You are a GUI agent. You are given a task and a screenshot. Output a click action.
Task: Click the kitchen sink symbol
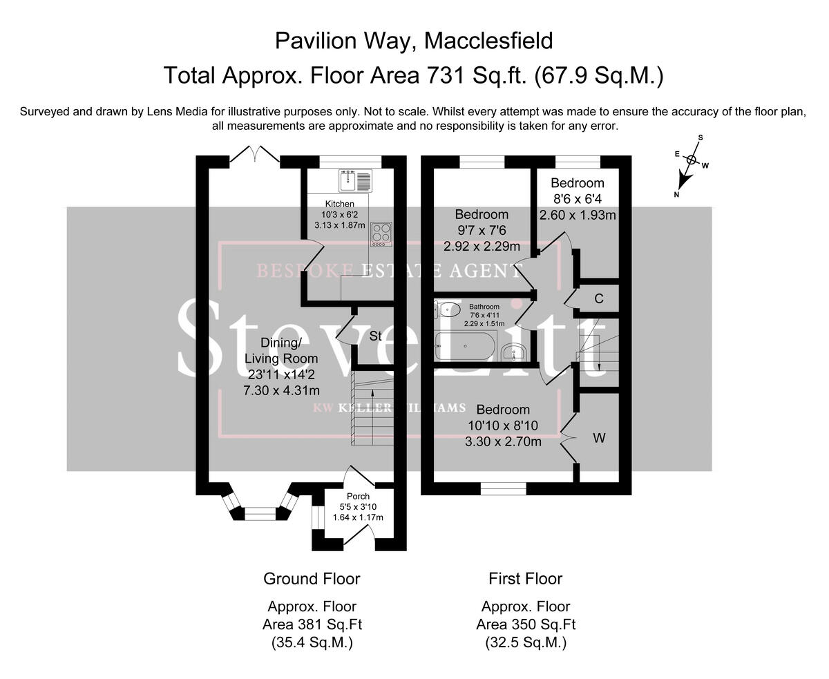[355, 181]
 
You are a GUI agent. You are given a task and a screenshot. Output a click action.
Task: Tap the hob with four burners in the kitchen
[381, 233]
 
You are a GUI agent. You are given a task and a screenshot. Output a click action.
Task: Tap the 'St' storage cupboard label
[376, 336]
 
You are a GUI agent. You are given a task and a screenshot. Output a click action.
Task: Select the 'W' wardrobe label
[599, 438]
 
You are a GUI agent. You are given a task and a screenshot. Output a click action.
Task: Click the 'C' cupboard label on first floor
[599, 298]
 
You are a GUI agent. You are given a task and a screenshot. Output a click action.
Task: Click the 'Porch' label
[358, 496]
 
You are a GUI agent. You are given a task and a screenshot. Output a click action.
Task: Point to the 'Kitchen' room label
[340, 204]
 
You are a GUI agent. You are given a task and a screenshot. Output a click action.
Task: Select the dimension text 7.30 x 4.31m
[281, 390]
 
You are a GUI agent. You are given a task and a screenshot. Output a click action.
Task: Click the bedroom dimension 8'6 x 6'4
[578, 199]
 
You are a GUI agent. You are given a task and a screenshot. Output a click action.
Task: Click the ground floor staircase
[372, 408]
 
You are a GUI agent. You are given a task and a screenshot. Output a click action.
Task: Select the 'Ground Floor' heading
[312, 578]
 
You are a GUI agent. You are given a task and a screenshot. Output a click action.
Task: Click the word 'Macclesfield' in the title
[488, 41]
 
